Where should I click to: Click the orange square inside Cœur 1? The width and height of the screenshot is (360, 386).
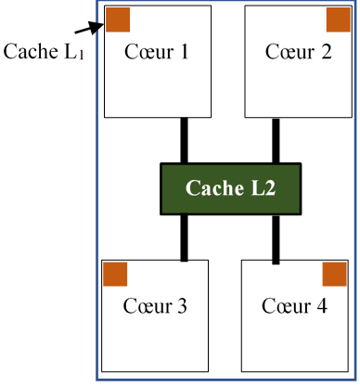(x=117, y=20)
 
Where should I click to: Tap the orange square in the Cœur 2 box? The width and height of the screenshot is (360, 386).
(x=338, y=20)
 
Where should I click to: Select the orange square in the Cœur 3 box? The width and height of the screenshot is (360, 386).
(x=115, y=274)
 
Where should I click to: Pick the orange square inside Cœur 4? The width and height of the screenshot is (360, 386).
(x=334, y=274)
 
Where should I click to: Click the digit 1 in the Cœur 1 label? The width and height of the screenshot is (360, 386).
(x=184, y=52)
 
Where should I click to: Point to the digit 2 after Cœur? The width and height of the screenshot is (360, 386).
(x=325, y=52)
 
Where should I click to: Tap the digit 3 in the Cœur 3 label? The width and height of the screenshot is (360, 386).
(x=181, y=305)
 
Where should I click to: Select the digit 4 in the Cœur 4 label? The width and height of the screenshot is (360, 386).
(x=321, y=305)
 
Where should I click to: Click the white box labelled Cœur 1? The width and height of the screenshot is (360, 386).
(x=158, y=84)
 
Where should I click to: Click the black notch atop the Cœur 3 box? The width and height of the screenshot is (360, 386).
(x=184, y=261)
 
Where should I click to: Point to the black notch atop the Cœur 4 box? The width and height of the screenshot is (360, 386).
(x=276, y=262)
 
